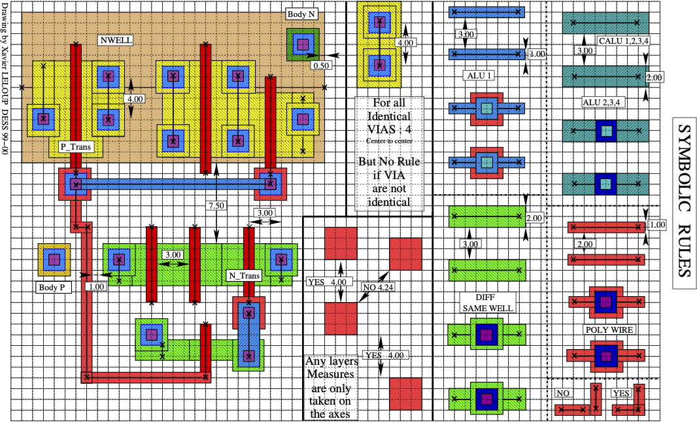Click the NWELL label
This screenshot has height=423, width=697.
(x=116, y=40)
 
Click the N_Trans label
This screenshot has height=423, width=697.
(x=244, y=275)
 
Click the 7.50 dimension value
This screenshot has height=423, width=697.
(x=216, y=205)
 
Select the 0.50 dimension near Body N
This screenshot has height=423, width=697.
(x=321, y=66)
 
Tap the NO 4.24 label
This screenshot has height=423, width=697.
(x=377, y=286)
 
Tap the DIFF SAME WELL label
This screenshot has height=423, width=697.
(x=486, y=303)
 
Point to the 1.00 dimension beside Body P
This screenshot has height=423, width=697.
(x=95, y=286)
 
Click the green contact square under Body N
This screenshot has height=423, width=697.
(x=302, y=44)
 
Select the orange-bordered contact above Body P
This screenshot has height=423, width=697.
(x=54, y=260)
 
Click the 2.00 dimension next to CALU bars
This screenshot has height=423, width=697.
(x=654, y=77)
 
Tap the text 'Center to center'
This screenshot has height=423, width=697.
(x=390, y=140)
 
